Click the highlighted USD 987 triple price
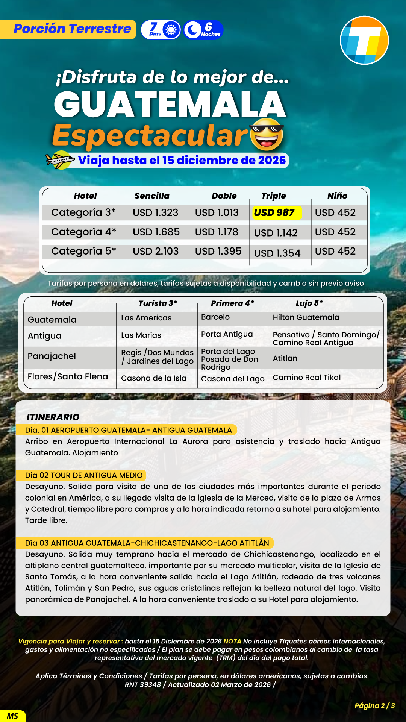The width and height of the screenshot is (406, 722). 277,213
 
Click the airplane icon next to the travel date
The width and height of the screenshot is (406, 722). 60,160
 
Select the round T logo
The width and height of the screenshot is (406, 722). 364,40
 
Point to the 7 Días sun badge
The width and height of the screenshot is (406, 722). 161,30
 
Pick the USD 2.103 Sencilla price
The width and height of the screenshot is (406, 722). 156,251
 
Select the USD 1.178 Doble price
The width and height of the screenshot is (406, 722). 217,232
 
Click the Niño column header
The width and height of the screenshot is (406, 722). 337,196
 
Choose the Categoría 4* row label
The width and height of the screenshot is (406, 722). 83,232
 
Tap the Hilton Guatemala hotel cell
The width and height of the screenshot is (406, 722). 306,317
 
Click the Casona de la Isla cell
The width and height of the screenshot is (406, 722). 154,378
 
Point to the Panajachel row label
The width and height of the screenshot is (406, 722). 52,356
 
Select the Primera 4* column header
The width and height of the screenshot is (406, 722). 232,303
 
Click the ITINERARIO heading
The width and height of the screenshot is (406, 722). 53,417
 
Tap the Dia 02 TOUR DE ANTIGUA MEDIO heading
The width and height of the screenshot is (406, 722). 84,475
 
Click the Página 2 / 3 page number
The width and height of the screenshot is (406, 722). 374,705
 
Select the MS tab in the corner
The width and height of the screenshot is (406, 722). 12,716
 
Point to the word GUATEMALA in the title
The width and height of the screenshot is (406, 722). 170,105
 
